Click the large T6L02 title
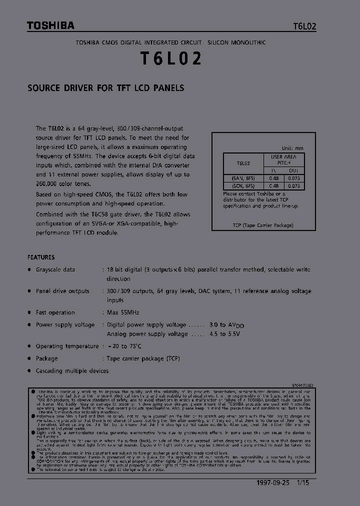tap(170, 59)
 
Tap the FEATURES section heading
tap(41, 257)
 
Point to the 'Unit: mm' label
tap(292, 148)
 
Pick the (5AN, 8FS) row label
tap(243, 178)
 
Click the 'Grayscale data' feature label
tap(55, 269)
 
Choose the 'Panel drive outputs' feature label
tap(62, 291)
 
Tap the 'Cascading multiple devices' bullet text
tap(72, 371)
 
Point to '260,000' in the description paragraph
tap(48, 184)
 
